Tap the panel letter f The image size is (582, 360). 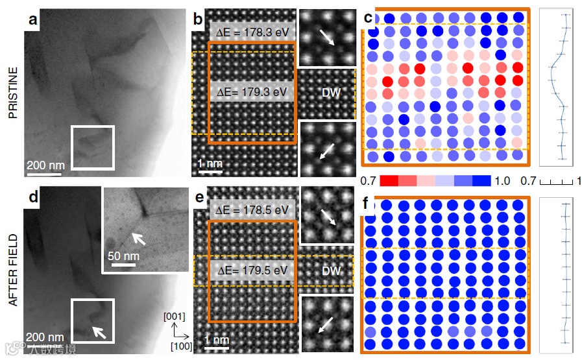pyautogui.click(x=368, y=206)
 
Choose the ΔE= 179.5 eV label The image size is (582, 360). pyautogui.click(x=252, y=270)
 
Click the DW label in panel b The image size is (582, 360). pyautogui.click(x=331, y=93)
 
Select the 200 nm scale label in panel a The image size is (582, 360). pyautogui.click(x=44, y=165)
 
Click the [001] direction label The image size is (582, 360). pyautogui.click(x=175, y=316)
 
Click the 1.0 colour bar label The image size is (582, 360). pyautogui.click(x=502, y=180)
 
